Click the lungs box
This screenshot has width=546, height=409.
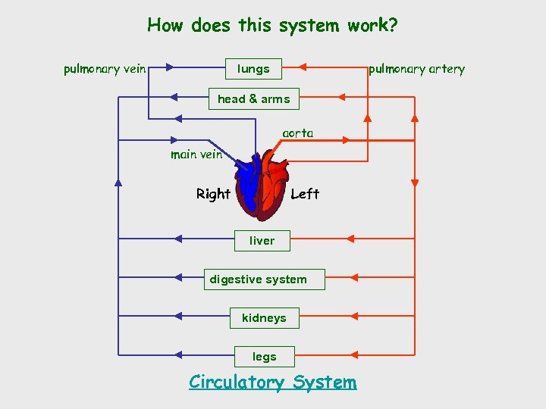pyautogui.click(x=253, y=69)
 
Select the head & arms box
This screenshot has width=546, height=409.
pyautogui.click(x=253, y=99)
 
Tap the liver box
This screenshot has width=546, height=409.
pyautogui.click(x=262, y=241)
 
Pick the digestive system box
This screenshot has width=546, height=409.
pyautogui.click(x=258, y=279)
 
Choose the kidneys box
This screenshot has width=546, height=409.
pyautogui.click(x=264, y=318)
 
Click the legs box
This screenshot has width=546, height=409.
pyautogui.click(x=264, y=357)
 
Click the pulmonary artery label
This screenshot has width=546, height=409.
pyautogui.click(x=416, y=69)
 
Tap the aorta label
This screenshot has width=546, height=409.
pyautogui.click(x=297, y=133)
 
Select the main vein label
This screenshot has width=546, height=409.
pyautogui.click(x=196, y=155)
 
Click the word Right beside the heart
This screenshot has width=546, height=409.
pyautogui.click(x=213, y=194)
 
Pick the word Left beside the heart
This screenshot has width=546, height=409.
pyautogui.click(x=305, y=194)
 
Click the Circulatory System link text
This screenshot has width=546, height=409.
pyautogui.click(x=272, y=382)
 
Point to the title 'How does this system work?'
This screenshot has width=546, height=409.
pyautogui.click(x=272, y=26)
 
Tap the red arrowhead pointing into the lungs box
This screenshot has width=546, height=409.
pyautogui.click(x=302, y=67)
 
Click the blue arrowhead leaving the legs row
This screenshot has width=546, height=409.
pyautogui.click(x=177, y=354)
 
